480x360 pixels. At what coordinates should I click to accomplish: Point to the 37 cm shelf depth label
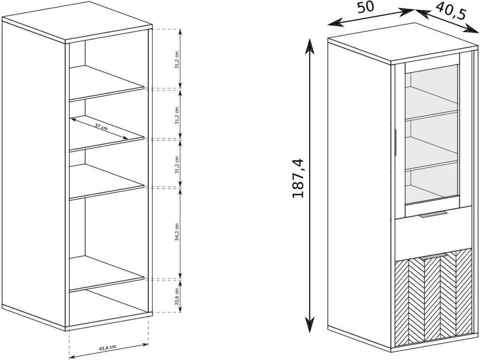click(101, 127)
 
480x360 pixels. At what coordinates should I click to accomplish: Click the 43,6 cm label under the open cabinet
click(107, 347)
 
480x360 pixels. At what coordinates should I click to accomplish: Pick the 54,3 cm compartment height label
click(176, 232)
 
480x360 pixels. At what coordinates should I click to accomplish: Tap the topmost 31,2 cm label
click(176, 60)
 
